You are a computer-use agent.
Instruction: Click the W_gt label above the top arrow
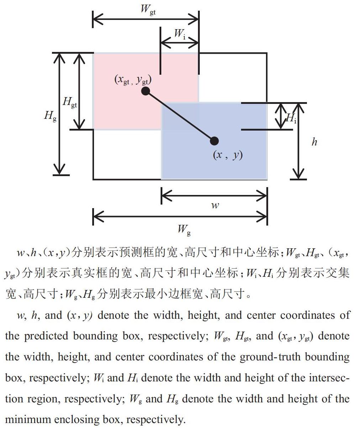[x=148, y=10]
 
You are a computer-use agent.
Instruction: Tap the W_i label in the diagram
[x=180, y=34]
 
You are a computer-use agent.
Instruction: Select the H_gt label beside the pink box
[x=70, y=102]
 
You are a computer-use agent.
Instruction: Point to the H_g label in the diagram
[x=51, y=116]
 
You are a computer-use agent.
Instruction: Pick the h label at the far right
[x=314, y=142]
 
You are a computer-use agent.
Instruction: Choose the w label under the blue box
[x=215, y=205]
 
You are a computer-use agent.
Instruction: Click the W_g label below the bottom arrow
[x=184, y=230]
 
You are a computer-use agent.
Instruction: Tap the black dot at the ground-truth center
[x=146, y=91]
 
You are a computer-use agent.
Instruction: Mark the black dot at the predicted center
[x=214, y=141]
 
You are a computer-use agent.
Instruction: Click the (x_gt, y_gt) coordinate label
[x=133, y=80]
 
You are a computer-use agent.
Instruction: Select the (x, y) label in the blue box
[x=228, y=155]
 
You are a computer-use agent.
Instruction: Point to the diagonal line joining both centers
[x=180, y=116]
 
